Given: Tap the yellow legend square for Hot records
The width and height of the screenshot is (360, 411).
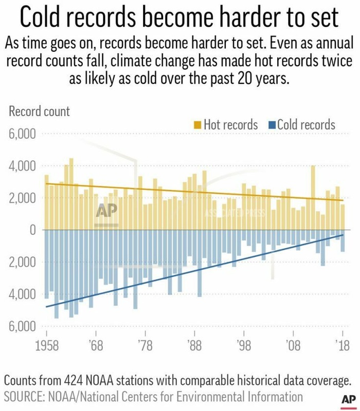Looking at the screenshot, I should (197, 125).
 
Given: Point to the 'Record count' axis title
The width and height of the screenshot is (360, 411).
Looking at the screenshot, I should (39, 111).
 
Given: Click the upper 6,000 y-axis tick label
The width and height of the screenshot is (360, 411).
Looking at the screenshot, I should (21, 135).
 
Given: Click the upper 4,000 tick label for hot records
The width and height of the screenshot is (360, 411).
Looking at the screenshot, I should (21, 167).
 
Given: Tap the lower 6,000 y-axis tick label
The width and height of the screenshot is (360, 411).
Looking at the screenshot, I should (21, 327).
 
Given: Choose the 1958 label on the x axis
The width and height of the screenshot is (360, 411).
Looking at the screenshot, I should (46, 344).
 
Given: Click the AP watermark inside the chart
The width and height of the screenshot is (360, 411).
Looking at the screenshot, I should (107, 211).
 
